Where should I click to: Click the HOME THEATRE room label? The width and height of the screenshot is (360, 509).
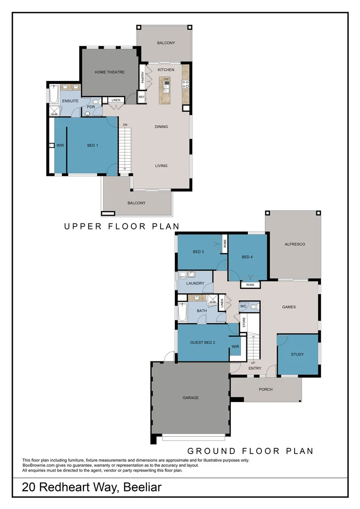click(109, 72)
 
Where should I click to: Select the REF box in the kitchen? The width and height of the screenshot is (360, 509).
click(141, 97)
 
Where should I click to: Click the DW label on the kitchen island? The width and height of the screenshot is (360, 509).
click(166, 79)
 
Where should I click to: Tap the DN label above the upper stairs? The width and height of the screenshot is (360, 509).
click(125, 124)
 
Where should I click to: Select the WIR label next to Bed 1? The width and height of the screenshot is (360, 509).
click(60, 145)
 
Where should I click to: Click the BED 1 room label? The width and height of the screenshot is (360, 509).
click(92, 145)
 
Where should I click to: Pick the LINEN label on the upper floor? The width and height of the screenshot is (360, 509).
click(115, 100)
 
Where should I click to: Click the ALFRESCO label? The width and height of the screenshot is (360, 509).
click(295, 244)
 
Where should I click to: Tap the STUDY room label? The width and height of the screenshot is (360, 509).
click(297, 354)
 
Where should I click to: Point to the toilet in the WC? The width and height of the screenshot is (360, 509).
click(254, 306)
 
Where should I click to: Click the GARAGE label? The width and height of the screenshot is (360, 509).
click(190, 398)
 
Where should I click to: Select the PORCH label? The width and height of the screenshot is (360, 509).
click(266, 389)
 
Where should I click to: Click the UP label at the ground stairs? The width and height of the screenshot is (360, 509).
click(253, 362)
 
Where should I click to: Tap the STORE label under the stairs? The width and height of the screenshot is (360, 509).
click(244, 322)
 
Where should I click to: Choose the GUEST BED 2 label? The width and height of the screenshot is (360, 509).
click(203, 343)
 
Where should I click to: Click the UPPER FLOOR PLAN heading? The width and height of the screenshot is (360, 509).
click(122, 227)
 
